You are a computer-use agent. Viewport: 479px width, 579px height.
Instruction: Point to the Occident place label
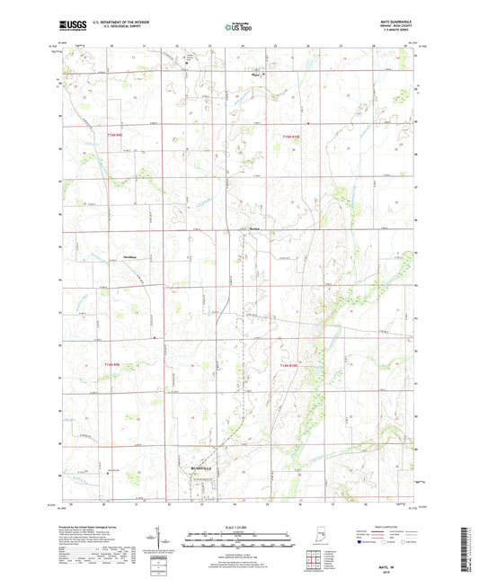(x=129, y=258)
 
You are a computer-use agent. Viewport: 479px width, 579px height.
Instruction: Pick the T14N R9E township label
(x=113, y=364)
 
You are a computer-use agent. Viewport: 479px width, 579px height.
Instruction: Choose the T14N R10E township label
(x=288, y=365)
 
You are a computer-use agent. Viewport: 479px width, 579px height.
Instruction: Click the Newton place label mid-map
(x=259, y=228)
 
